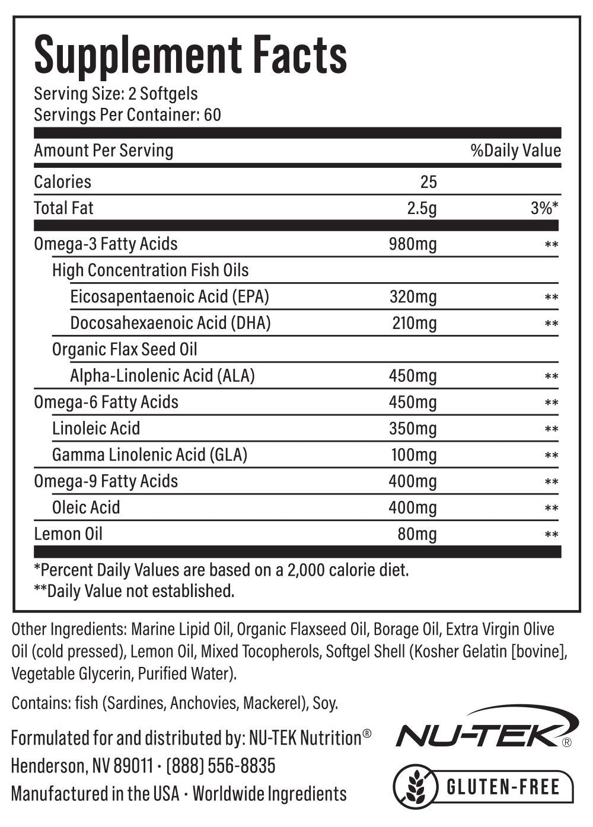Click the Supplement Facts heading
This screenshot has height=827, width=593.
click(190, 55)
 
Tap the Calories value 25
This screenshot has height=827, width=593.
click(428, 181)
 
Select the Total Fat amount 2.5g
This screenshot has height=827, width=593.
click(422, 208)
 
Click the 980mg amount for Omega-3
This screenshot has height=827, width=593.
click(413, 244)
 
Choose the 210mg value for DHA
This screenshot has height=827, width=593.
click(414, 323)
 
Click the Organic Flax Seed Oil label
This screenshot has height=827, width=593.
click(125, 349)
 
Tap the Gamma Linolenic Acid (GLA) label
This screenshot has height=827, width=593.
click(149, 455)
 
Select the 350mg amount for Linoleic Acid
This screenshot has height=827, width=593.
click(413, 428)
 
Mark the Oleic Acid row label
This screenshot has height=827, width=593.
click(86, 507)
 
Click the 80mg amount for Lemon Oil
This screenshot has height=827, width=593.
click(417, 534)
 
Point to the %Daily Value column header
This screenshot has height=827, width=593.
click(515, 151)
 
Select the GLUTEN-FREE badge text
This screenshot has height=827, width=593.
click(503, 787)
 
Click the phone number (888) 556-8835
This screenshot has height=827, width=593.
click(221, 766)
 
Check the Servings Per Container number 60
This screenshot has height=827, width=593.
click(212, 114)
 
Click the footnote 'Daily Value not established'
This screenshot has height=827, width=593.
click(135, 591)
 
